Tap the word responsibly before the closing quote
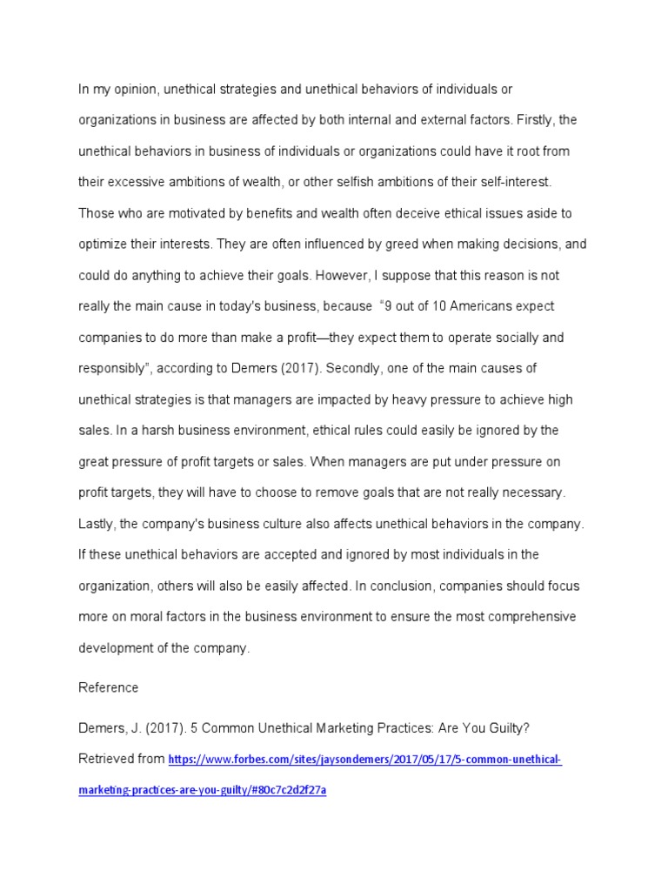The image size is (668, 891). click(x=112, y=368)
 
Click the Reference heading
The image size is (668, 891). click(x=108, y=687)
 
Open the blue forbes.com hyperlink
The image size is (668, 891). click(x=365, y=760)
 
